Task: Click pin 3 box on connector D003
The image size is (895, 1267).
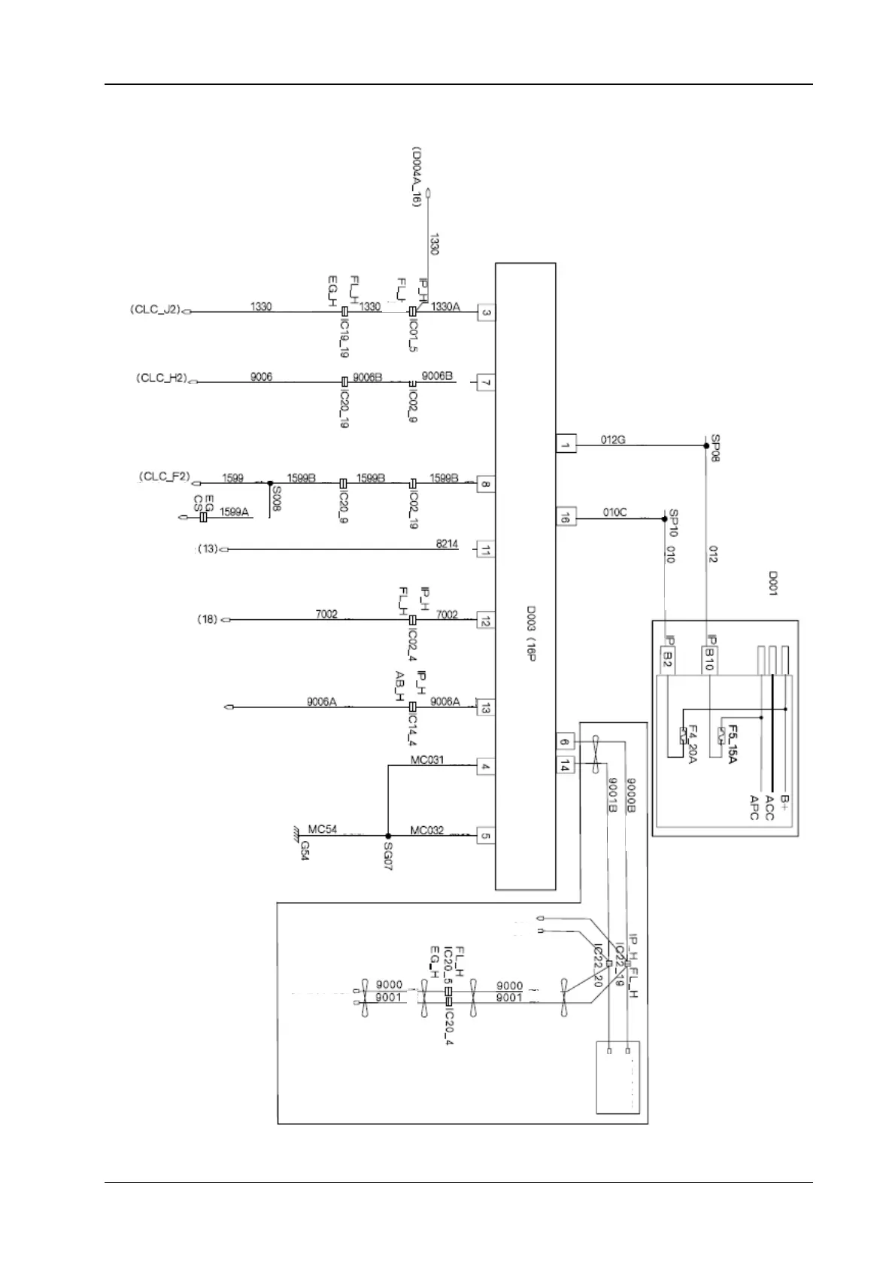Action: [486, 313]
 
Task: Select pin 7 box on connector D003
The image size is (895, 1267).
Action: [486, 383]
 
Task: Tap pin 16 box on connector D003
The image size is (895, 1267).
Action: [565, 517]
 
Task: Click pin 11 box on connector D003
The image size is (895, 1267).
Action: [486, 550]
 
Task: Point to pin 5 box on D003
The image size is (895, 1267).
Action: [486, 835]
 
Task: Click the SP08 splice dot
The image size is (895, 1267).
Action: [705, 445]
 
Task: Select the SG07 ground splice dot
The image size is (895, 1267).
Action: [388, 836]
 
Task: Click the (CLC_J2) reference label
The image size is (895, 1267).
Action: [156, 308]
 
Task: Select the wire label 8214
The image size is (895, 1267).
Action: [447, 543]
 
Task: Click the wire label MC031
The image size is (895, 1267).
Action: [426, 760]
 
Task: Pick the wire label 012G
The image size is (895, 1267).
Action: [613, 439]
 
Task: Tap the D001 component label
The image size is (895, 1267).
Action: [772, 583]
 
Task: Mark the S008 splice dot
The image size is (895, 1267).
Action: [269, 483]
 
